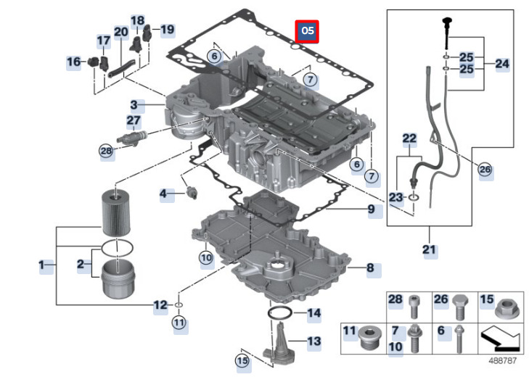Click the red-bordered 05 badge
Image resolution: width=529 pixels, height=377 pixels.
pos(308,30)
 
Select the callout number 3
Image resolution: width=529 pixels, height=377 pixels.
pos(134,105)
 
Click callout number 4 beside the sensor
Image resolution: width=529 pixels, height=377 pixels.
pos(163,194)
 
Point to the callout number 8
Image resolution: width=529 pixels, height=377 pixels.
pos(370,268)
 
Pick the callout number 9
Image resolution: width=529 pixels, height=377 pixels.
pos(370,210)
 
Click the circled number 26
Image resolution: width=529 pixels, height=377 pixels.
pos(484,169)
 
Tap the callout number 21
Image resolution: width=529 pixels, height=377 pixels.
pos(428,251)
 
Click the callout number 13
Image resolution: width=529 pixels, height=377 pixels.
pos(313,340)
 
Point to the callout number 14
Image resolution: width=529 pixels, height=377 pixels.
pos(313,313)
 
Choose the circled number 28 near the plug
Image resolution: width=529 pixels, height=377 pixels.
pos(107,151)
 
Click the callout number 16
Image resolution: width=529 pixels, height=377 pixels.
pos(74,62)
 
